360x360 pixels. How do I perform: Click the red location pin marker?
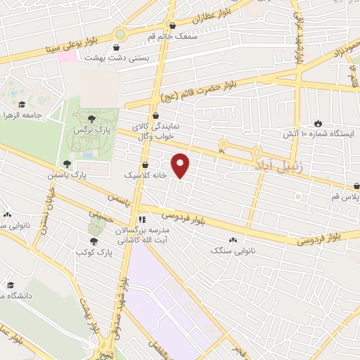(181, 166)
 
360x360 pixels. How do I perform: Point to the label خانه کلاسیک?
(146, 175)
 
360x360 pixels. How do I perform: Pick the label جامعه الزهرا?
(21, 115)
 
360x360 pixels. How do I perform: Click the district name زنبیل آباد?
(274, 164)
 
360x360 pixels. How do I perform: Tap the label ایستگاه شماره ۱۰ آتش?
(318, 134)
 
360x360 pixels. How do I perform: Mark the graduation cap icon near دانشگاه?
(11, 285)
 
